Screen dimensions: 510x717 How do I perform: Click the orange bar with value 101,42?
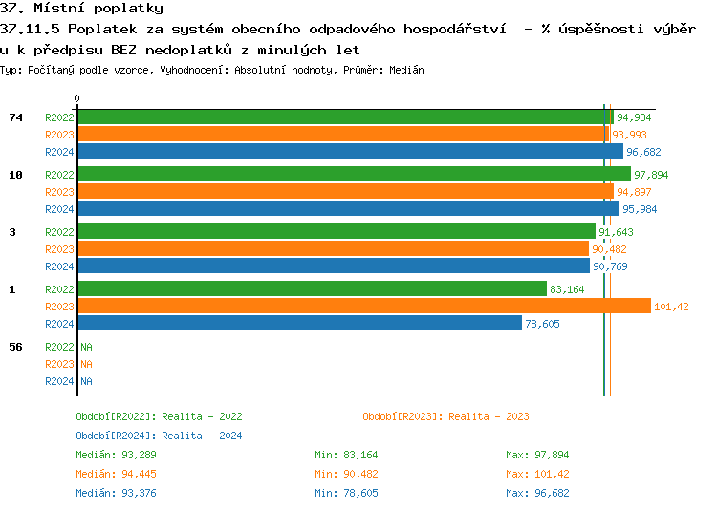363,306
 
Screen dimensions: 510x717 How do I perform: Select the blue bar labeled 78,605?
299,324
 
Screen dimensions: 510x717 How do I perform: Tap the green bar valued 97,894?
354,174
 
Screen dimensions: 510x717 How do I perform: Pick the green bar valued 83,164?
312,288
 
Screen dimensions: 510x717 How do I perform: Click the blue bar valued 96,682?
350,152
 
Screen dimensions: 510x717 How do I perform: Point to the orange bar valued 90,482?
333,249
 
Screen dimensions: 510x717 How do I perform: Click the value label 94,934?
634,117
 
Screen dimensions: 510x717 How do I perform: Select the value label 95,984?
641,209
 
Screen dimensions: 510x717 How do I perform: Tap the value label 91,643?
617,232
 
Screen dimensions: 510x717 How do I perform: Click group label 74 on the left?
15,117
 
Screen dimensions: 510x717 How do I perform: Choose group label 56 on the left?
15,347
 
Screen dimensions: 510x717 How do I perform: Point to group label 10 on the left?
15,175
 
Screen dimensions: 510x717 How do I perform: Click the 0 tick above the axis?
77,98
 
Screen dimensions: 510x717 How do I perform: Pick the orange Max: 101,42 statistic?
537,474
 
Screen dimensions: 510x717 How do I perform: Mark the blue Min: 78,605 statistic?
346,493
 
